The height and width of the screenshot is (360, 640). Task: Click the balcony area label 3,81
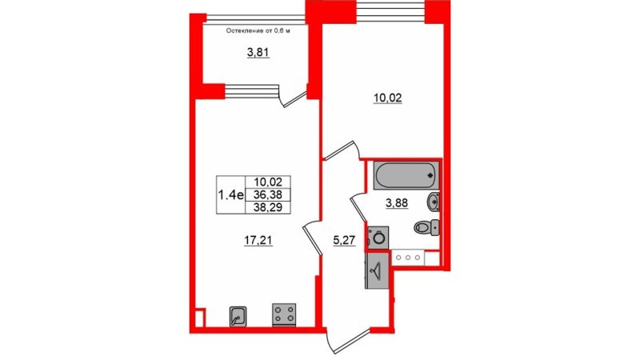coord(258,52)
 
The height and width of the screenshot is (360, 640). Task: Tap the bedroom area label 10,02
coord(388,98)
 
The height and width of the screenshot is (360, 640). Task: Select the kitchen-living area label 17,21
coord(258,241)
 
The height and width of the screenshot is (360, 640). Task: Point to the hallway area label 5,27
coord(344,241)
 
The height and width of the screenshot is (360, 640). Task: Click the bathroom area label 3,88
coord(397,203)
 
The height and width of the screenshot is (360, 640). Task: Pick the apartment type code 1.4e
coord(230,195)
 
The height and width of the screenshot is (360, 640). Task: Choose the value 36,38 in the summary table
coord(268,194)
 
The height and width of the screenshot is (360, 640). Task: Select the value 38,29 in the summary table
coord(268,207)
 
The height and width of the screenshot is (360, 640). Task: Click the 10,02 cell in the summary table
coord(268,182)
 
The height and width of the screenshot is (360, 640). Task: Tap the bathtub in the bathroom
coord(406,175)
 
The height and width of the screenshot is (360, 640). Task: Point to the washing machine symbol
coord(378,237)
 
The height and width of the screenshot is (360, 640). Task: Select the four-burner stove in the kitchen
coord(284,314)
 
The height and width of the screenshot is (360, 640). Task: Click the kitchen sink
coord(238,316)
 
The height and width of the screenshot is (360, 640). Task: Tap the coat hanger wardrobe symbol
coord(377,270)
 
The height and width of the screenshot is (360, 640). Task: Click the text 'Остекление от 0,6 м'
coord(258,30)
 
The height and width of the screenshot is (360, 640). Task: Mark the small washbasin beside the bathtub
coord(433,202)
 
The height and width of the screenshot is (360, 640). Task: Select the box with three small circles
coord(408,258)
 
